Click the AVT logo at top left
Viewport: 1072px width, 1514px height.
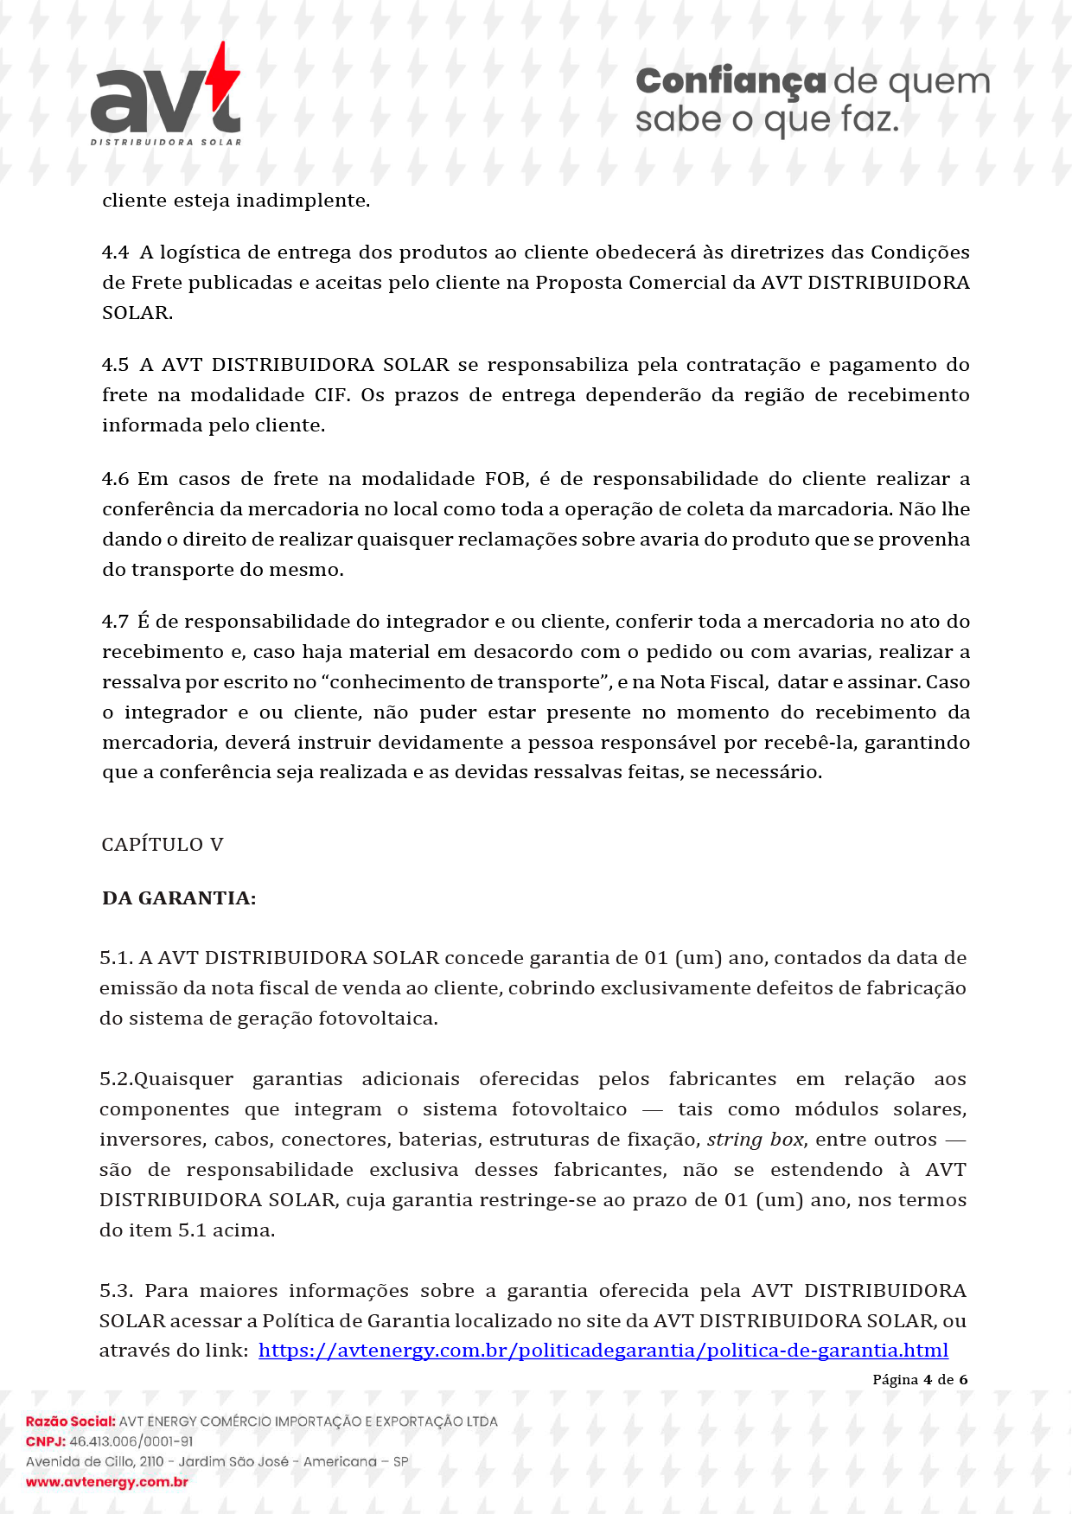pos(164,99)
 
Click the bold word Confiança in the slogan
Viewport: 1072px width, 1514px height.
pos(731,81)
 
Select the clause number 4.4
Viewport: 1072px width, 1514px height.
pos(115,252)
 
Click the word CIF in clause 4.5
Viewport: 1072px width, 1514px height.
pos(331,395)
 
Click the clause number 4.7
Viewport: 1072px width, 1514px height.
pos(115,622)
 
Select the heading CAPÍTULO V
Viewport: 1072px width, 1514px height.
pos(163,845)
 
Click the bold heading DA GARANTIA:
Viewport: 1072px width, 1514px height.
pos(179,898)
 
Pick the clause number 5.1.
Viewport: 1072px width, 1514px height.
pos(116,958)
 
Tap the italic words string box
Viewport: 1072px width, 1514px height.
pos(756,1140)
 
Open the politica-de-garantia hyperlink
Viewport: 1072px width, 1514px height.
pos(603,1351)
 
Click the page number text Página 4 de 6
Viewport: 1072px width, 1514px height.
pos(919,1379)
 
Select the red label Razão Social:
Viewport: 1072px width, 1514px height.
pos(70,1421)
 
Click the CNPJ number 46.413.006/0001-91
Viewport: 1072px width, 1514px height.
pos(131,1441)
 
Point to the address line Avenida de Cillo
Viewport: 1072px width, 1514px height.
pos(217,1461)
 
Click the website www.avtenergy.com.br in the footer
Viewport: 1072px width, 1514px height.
pos(107,1482)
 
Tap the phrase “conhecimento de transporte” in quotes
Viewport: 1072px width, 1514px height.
pos(466,682)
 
